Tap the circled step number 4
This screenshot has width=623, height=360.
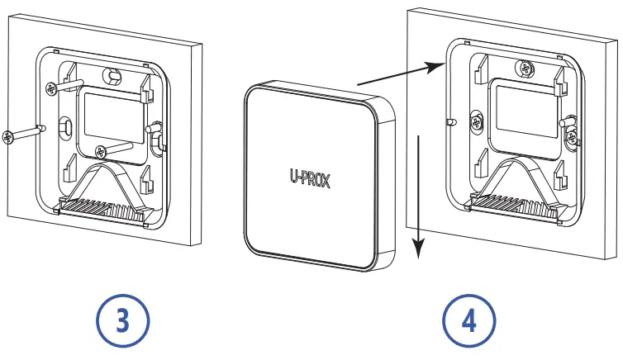point(469,320)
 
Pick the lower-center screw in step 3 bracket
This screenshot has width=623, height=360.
point(100,151)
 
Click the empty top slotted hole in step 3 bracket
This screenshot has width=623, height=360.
point(110,75)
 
